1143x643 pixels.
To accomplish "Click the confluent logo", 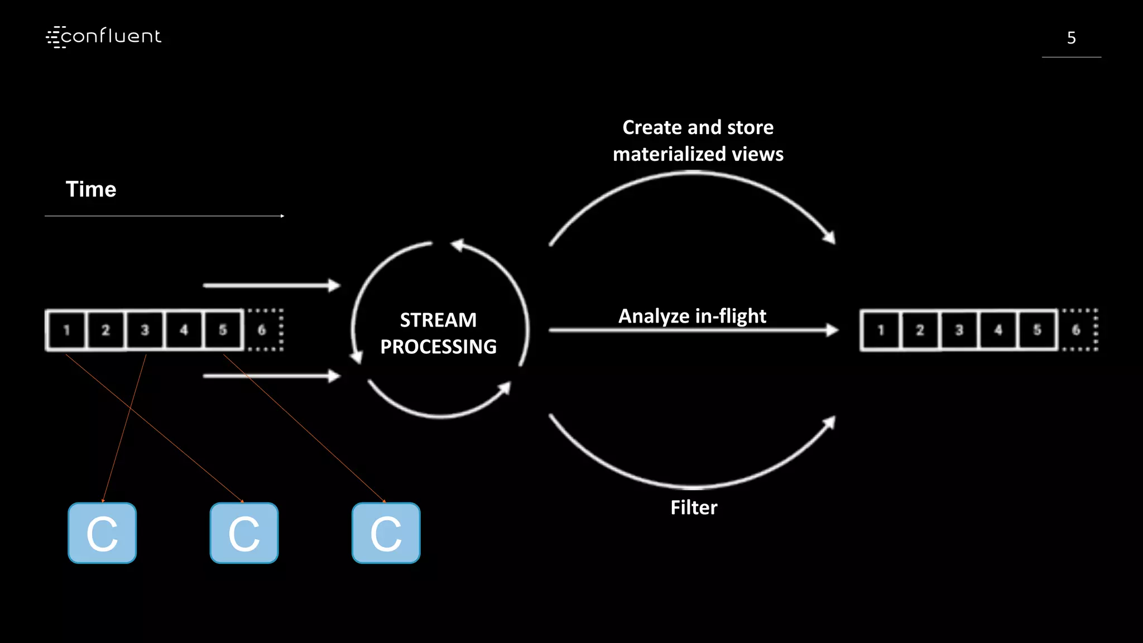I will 104,37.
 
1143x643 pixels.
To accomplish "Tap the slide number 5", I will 1071,38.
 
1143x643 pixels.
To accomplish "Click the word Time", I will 91,189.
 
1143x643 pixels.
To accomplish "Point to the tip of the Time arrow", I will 283,216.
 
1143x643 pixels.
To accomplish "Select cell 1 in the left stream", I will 66,330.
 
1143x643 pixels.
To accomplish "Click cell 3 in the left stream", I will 145,330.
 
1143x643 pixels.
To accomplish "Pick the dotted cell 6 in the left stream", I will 263,330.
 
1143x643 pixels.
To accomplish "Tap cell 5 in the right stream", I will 1037,330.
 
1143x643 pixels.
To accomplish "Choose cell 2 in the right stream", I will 920,330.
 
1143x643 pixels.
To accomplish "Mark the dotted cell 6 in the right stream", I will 1077,330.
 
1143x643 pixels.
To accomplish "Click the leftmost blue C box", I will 102,533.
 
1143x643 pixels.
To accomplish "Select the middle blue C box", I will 244,533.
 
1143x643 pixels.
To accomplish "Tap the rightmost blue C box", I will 386,533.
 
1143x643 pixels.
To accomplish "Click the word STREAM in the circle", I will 438,320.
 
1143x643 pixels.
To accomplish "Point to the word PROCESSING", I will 438,347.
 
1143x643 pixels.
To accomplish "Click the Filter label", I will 694,507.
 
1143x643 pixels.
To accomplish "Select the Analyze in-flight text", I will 692,316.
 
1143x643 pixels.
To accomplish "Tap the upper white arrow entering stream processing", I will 271,285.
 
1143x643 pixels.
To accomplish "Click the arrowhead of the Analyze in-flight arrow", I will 832,330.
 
